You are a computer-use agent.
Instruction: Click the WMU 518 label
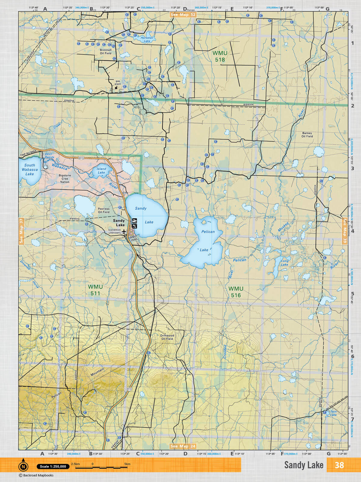(x=220, y=56)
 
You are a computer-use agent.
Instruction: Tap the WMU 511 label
(x=95, y=290)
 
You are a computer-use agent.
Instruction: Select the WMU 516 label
(x=236, y=292)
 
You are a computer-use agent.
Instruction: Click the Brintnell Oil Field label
(x=106, y=52)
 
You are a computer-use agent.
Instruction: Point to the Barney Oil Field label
(x=307, y=134)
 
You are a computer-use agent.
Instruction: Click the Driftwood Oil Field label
(x=167, y=337)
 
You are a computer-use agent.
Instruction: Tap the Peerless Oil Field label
(x=103, y=210)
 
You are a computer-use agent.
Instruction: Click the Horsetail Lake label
(x=147, y=39)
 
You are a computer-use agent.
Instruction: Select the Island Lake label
(x=101, y=171)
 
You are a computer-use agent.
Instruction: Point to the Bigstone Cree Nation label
(x=65, y=179)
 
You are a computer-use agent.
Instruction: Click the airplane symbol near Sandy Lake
(x=124, y=231)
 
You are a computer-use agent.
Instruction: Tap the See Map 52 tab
(x=183, y=14)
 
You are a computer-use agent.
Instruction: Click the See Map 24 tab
(x=183, y=446)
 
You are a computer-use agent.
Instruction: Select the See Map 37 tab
(x=21, y=231)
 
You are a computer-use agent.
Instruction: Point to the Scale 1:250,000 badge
(x=53, y=466)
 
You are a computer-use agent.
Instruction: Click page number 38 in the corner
(x=339, y=465)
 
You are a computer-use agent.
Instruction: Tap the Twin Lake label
(x=333, y=413)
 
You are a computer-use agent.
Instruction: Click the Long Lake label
(x=285, y=263)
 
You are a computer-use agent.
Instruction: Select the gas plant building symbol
(x=116, y=88)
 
